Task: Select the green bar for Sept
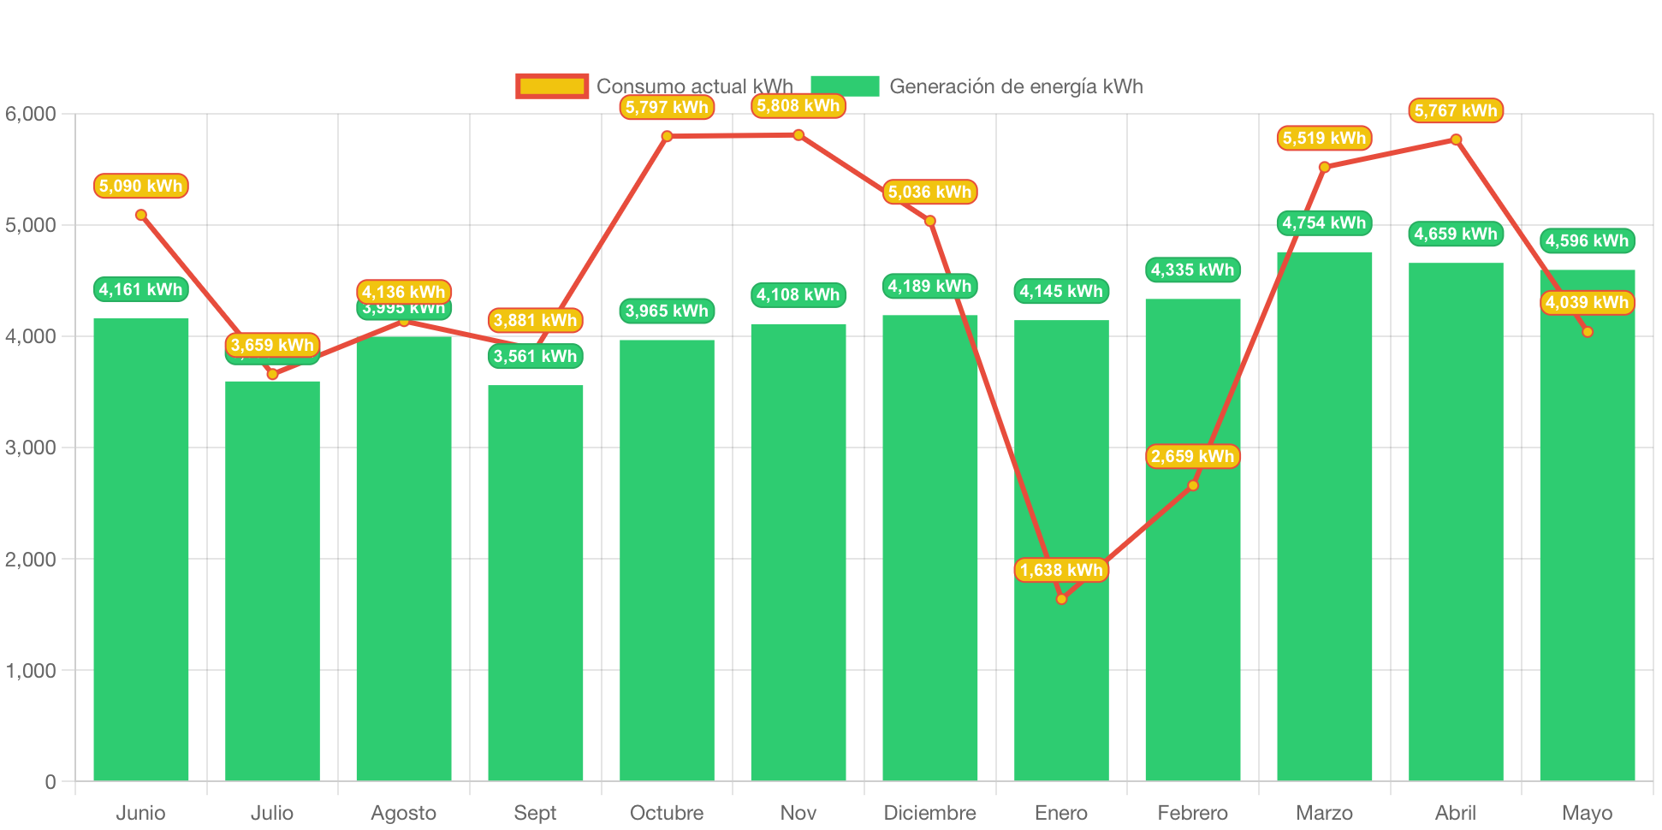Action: (535, 582)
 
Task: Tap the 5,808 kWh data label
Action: (798, 106)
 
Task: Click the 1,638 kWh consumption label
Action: (1061, 570)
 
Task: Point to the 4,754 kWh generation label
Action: (1324, 223)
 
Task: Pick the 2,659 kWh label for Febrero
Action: (1192, 456)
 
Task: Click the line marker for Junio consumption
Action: (141, 215)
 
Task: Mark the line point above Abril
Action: (1456, 139)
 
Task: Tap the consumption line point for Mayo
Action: (1588, 332)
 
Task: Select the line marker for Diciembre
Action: (930, 221)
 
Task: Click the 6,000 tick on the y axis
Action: (31, 114)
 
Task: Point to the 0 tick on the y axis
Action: (50, 781)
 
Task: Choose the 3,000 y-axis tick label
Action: (31, 448)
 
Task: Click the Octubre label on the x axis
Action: (667, 812)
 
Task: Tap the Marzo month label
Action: (1324, 812)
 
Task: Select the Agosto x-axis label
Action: (403, 812)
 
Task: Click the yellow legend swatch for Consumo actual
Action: (552, 86)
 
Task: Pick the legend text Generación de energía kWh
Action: (1016, 86)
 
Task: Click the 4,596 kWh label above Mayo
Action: (1587, 241)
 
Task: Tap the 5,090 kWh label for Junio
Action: (140, 186)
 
